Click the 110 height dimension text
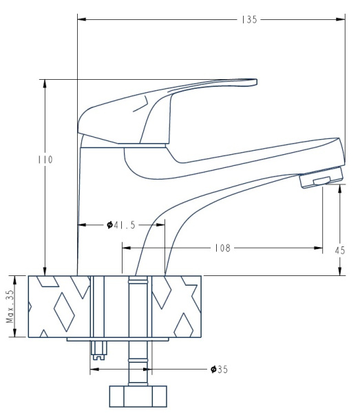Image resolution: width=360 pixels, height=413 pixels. click(x=46, y=158)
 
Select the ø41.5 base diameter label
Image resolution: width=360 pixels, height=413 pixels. click(x=123, y=224)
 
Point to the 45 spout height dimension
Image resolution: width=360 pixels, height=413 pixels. click(x=340, y=250)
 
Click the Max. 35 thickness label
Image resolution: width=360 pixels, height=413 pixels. click(x=10, y=307)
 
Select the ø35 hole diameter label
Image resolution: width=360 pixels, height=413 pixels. click(x=220, y=370)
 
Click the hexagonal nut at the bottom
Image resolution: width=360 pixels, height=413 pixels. click(x=138, y=396)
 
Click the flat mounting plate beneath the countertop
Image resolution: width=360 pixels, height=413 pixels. click(x=118, y=340)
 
